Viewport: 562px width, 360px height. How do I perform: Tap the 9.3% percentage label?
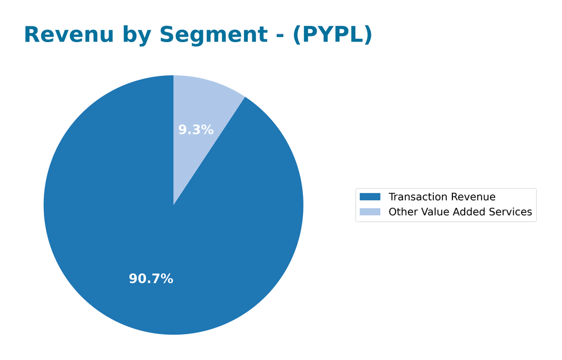pyautogui.click(x=196, y=130)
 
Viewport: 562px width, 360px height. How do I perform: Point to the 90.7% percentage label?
pyautogui.click(x=151, y=279)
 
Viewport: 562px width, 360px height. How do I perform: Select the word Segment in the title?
pyautogui.click(x=214, y=35)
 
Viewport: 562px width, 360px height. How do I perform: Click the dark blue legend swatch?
pyautogui.click(x=370, y=197)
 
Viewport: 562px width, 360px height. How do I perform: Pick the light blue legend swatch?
pyautogui.click(x=370, y=212)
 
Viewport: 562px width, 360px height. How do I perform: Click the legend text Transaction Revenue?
pyautogui.click(x=442, y=197)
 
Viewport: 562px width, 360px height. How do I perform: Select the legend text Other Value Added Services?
pyautogui.click(x=460, y=212)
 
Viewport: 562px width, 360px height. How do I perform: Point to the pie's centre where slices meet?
pyautogui.click(x=173, y=205)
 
